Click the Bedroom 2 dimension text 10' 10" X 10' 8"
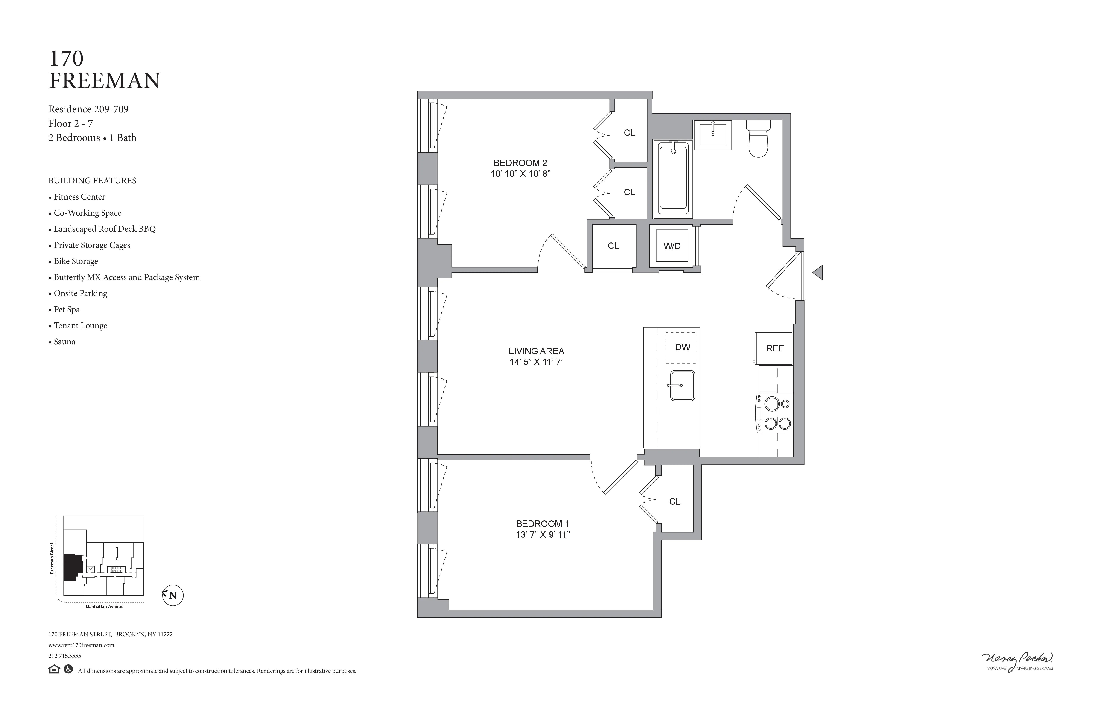click(x=520, y=174)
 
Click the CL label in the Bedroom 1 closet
click(x=674, y=502)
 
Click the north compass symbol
click(x=173, y=595)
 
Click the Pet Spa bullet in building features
click(x=67, y=309)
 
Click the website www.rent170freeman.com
click(x=81, y=645)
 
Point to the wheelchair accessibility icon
click(x=68, y=669)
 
